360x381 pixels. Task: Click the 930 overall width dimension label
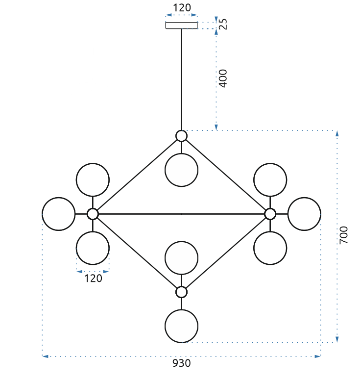pyautogui.click(x=181, y=363)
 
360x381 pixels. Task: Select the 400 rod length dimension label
pyautogui.click(x=223, y=78)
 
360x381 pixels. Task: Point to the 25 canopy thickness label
pyautogui.click(x=223, y=24)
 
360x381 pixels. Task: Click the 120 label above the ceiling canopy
pyautogui.click(x=181, y=8)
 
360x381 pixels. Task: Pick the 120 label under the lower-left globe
pyautogui.click(x=93, y=279)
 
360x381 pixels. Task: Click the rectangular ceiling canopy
pyautogui.click(x=181, y=25)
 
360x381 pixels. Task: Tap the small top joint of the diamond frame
pyautogui.click(x=181, y=136)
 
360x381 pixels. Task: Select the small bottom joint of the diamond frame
pyautogui.click(x=181, y=292)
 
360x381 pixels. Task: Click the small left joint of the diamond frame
pyautogui.click(x=93, y=214)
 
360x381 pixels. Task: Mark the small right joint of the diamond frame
pyautogui.click(x=270, y=214)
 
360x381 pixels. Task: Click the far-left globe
pyautogui.click(x=59, y=214)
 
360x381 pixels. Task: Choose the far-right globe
pyautogui.click(x=304, y=214)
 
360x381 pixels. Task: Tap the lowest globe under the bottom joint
pyautogui.click(x=181, y=326)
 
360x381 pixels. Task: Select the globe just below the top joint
pyautogui.click(x=181, y=170)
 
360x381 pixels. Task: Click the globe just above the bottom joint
pyautogui.click(x=181, y=258)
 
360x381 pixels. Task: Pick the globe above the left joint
pyautogui.click(x=93, y=180)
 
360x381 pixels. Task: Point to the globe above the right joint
pyautogui.click(x=270, y=180)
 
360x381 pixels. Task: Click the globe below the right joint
pyautogui.click(x=270, y=248)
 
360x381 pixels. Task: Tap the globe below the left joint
pyautogui.click(x=93, y=248)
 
